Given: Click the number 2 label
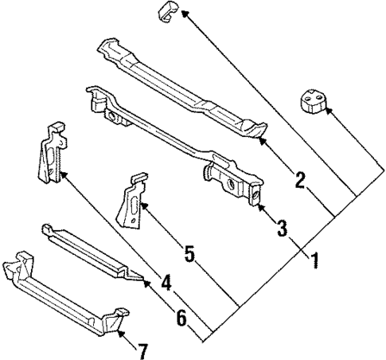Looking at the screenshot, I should pos(300,180).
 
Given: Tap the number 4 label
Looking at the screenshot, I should pos(166,282).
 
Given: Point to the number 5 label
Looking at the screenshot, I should pos(189,254).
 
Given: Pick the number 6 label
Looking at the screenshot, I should pos(182,318).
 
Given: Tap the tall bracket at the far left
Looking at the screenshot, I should pos(49,155).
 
